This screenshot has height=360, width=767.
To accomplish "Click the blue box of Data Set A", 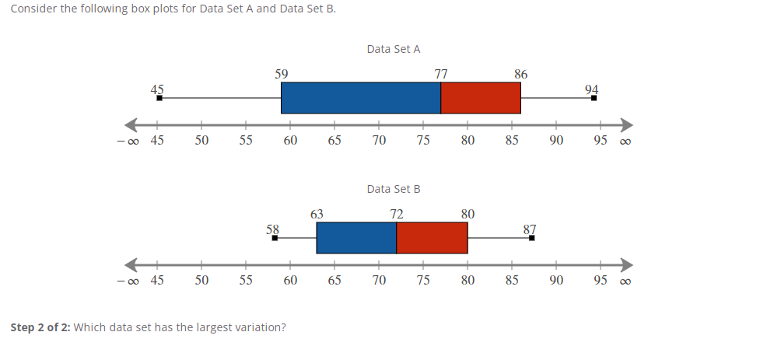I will pos(360,98).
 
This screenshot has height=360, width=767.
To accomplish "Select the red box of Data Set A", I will pos(481,98).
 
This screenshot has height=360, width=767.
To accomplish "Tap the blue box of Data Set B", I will pos(356,238).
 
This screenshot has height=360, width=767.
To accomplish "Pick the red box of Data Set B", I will pos(432,238).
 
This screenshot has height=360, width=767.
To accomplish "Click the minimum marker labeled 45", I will pos(159,98).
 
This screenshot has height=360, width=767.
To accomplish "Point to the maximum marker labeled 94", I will pos(594,98).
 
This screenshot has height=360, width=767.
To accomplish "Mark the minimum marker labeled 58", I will pos(275,238).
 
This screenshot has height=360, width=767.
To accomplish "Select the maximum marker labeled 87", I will pos(531,238).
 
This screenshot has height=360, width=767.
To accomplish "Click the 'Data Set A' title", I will pos(394,49).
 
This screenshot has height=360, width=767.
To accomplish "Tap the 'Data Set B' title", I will pos(394,189).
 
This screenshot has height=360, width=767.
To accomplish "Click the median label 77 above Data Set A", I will pos(441,75).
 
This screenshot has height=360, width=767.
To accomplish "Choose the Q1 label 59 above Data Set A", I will pos(281,75).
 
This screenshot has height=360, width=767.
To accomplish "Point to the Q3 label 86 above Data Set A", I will pos(521,75).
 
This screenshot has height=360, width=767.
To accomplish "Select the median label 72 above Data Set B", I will pos(397,215).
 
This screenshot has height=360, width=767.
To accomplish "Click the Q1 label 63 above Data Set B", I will pos(317,215).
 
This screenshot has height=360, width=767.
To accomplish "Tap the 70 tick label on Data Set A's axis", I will pos(379,141).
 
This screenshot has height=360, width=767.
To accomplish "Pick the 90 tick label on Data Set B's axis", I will pos(555,281).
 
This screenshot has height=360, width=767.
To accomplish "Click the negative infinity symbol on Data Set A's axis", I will pos(127,142).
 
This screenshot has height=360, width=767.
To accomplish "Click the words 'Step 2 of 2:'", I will pos(40,327).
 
